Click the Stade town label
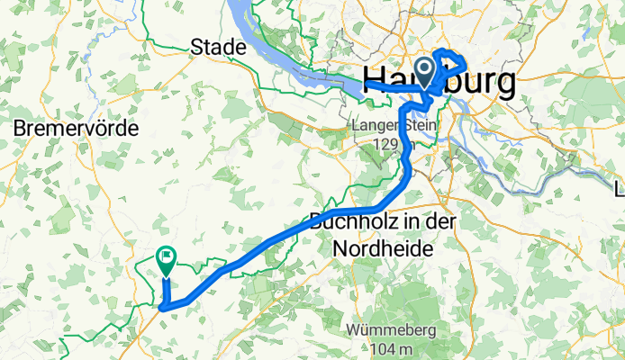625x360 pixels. click(218, 46)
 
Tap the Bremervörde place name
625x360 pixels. click(76, 129)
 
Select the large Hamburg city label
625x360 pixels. click(439, 82)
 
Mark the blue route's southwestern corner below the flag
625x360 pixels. click(163, 308)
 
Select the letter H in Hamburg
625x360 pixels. click(373, 82)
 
